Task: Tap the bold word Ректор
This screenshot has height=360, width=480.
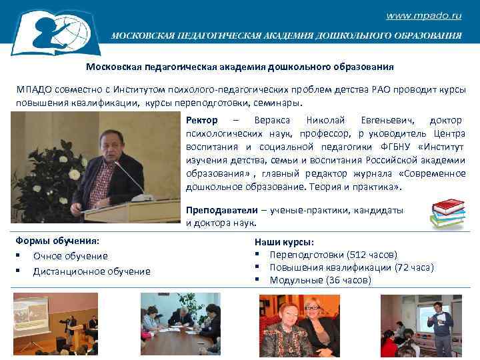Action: (x=201, y=120)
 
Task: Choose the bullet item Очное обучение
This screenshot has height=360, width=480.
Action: (x=70, y=256)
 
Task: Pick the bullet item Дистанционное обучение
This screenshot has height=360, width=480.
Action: (x=91, y=271)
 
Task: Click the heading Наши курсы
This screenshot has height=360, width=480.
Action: (x=284, y=242)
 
